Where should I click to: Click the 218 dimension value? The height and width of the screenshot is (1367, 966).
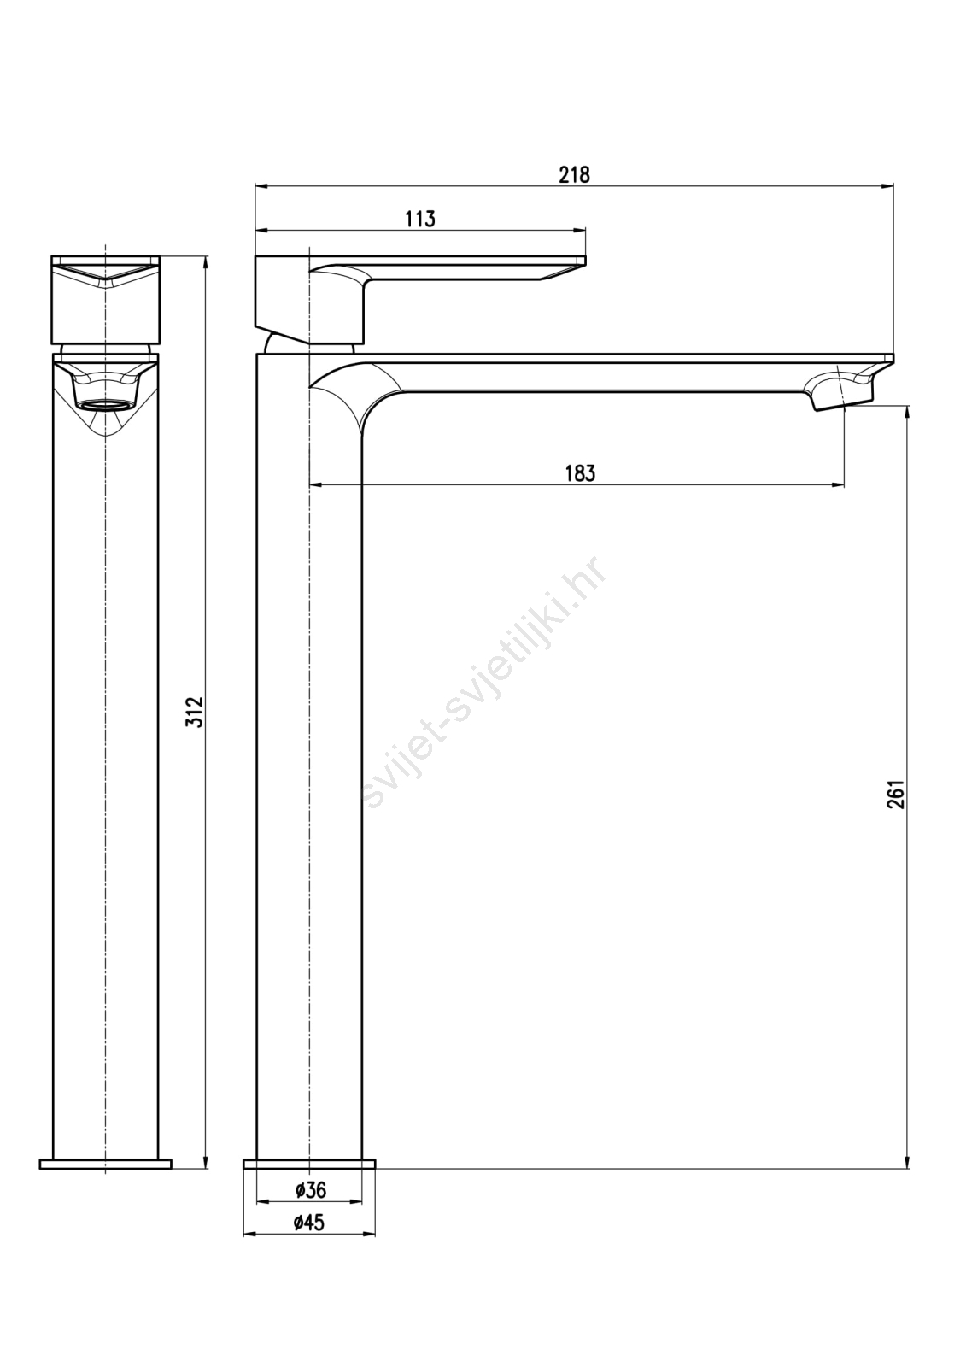pos(574,175)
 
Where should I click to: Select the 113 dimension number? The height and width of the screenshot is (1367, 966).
pos(420,219)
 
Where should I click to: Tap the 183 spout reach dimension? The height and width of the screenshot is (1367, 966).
pos(580,473)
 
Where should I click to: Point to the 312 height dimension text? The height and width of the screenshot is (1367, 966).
pos(195,711)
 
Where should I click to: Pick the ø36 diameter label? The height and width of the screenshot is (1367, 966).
pos(310,1190)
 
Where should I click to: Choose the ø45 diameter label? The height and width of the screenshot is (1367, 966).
pos(309,1223)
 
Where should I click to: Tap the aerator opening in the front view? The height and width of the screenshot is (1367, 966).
pos(106,405)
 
